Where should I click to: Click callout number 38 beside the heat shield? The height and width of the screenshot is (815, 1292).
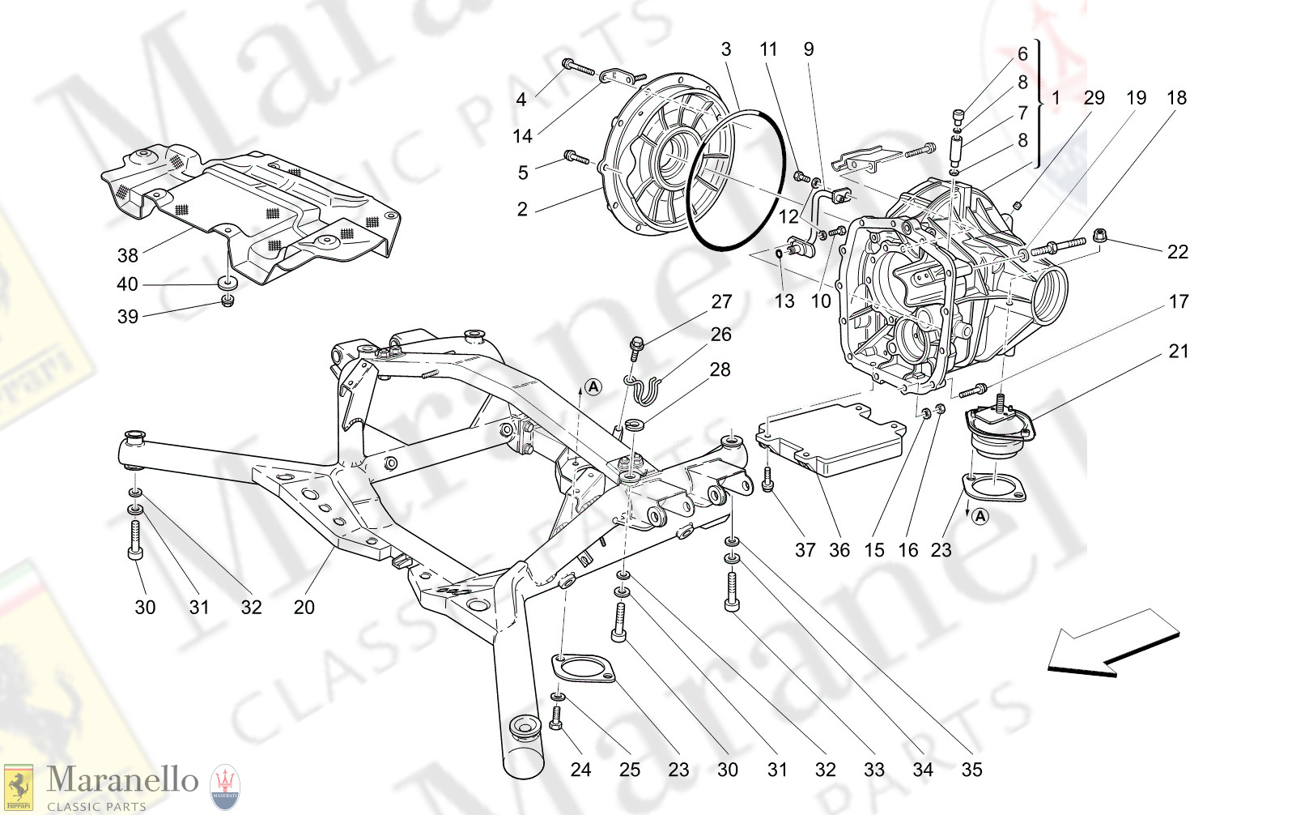click(128, 255)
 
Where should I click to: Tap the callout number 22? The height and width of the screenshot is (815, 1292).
click(1177, 252)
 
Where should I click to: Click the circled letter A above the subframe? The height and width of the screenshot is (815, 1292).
click(593, 387)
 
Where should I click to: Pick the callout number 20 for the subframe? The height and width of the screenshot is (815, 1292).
click(304, 607)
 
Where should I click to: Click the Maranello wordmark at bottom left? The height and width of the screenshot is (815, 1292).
click(122, 781)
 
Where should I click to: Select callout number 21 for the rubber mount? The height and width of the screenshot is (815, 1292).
click(1178, 352)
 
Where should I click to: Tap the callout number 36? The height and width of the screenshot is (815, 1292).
click(839, 550)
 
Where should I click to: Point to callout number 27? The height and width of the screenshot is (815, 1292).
click(721, 302)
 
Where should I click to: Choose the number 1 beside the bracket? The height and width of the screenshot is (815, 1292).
click(1056, 98)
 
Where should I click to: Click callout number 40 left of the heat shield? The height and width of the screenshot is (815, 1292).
click(128, 284)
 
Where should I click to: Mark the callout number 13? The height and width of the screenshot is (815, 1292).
click(784, 301)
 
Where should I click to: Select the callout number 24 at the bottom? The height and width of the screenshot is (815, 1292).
click(580, 770)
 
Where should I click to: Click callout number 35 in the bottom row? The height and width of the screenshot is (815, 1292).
click(971, 770)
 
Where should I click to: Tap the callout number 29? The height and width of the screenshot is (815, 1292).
click(1094, 98)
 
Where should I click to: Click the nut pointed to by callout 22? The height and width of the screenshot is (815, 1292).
click(1100, 236)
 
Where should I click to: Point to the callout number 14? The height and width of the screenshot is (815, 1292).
click(522, 136)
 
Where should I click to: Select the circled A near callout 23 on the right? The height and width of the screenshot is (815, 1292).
click(980, 516)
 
